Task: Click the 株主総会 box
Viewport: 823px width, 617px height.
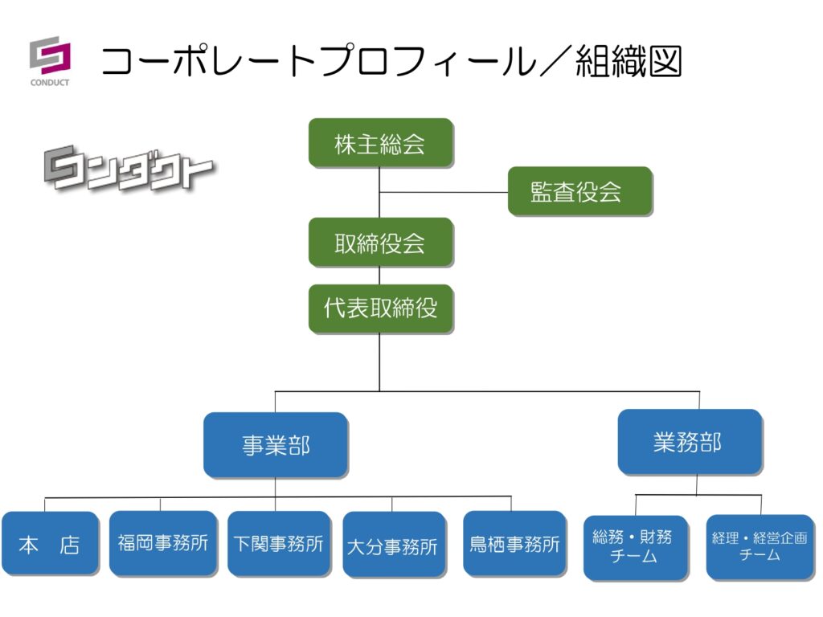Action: [x=380, y=143]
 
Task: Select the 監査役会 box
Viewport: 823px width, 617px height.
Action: [x=579, y=191]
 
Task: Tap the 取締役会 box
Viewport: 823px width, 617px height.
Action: [x=380, y=242]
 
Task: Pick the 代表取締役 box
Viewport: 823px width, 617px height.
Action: [x=380, y=308]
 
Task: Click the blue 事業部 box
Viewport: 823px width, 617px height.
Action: [x=276, y=445]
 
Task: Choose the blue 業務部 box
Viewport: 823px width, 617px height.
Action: [x=690, y=442]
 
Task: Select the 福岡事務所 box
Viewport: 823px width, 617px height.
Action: [x=163, y=543]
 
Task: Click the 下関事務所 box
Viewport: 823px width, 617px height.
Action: [x=279, y=544]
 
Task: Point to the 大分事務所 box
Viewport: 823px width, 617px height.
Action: [x=393, y=545]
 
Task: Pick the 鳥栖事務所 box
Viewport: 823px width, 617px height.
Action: [x=514, y=544]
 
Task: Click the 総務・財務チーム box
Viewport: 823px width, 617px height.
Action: [x=635, y=547]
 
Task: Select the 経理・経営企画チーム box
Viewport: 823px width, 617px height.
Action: [x=760, y=546]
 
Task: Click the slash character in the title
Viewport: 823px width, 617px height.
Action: [x=555, y=62]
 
